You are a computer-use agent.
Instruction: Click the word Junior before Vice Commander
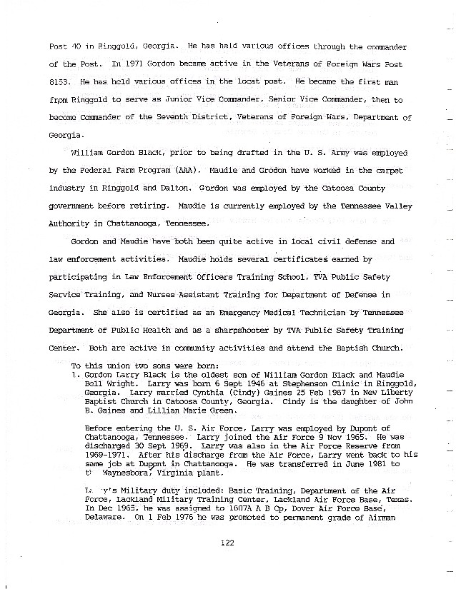[x=184, y=100]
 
